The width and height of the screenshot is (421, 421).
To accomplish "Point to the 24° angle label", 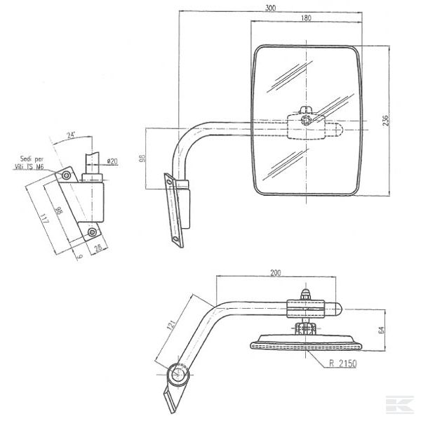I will [71, 135].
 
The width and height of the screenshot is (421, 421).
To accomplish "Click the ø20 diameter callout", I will [112, 162].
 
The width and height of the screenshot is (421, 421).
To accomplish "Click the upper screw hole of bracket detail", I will [66, 173].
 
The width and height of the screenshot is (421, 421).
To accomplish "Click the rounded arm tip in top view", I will [338, 309].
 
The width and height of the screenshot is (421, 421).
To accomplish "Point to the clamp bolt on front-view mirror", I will [305, 120].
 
